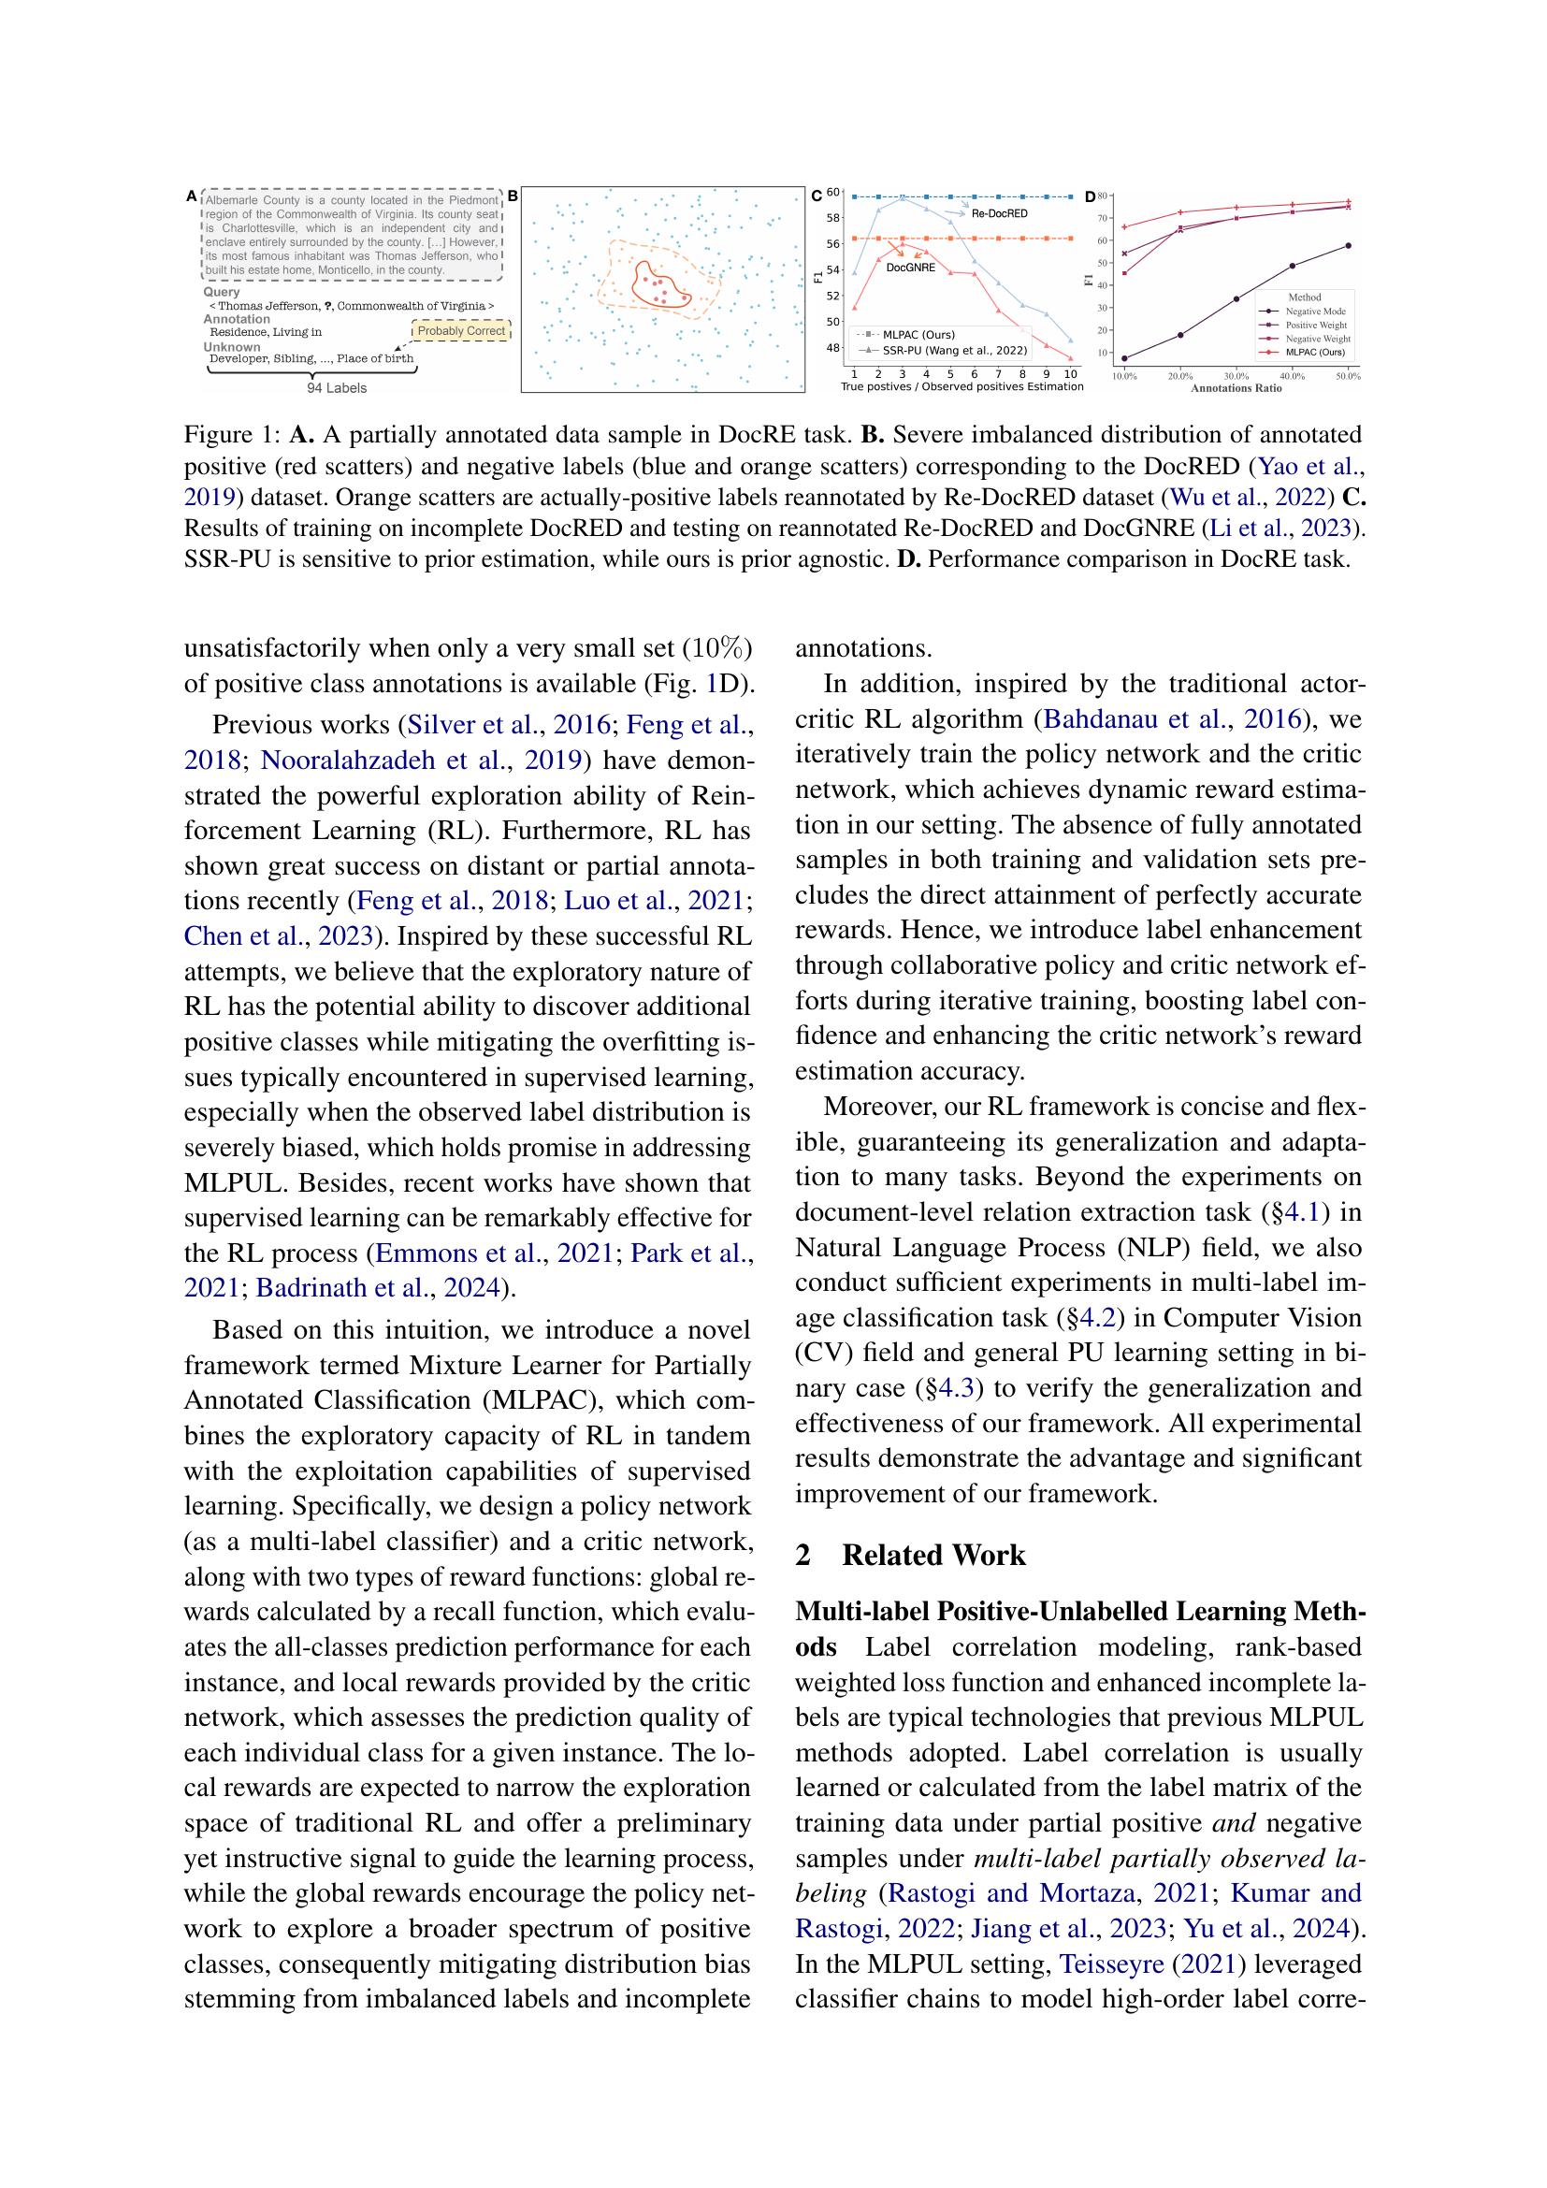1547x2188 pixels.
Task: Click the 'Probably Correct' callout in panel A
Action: pyautogui.click(x=461, y=330)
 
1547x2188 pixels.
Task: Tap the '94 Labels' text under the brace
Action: pyautogui.click(x=337, y=388)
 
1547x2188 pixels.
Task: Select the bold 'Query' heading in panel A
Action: pyautogui.click(x=221, y=293)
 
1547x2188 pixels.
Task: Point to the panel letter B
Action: pyautogui.click(x=513, y=196)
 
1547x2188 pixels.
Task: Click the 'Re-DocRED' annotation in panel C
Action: pyautogui.click(x=999, y=213)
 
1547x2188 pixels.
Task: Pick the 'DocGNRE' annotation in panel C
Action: pyautogui.click(x=911, y=268)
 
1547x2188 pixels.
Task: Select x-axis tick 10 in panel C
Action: pyautogui.click(x=1071, y=373)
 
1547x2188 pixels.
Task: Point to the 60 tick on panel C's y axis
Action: pyautogui.click(x=832, y=193)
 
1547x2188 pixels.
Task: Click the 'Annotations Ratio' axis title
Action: pyautogui.click(x=1236, y=389)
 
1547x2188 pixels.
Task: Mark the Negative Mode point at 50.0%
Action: pyautogui.click(x=1348, y=246)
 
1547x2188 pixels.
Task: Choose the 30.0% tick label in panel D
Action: pyautogui.click(x=1236, y=377)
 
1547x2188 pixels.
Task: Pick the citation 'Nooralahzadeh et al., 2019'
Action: pyautogui.click(x=421, y=761)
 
